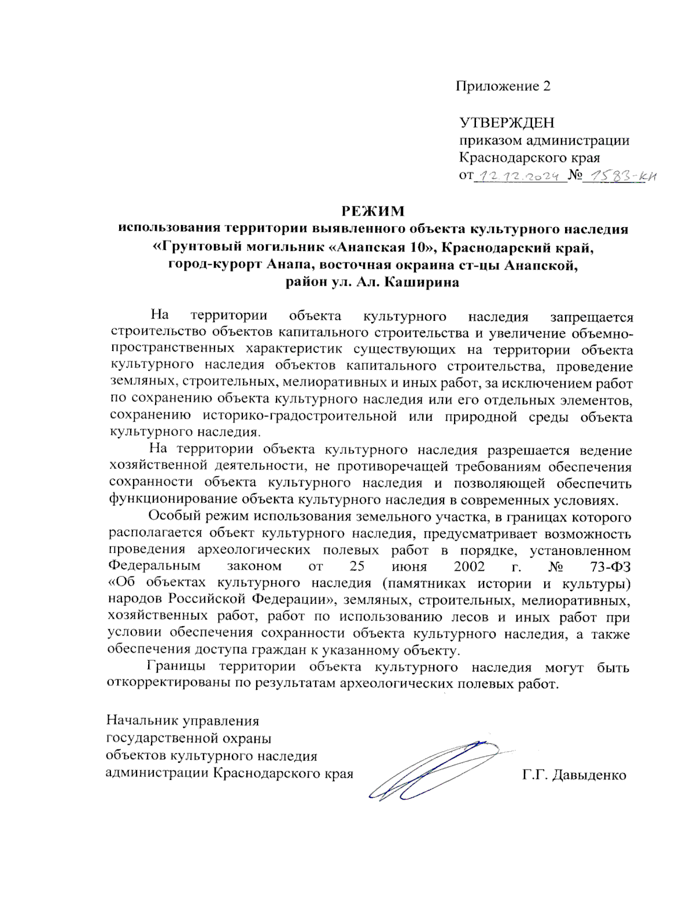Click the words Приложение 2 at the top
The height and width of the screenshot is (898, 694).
pos(503,86)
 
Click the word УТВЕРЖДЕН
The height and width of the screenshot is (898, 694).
pos(507,123)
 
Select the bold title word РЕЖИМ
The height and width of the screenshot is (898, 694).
pos(372,211)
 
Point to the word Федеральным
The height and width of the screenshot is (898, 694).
pos(154,566)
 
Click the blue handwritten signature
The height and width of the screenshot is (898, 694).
pos(434,769)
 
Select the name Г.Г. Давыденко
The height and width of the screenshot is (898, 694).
pos(574,775)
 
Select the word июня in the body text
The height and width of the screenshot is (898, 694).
pos(409,566)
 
